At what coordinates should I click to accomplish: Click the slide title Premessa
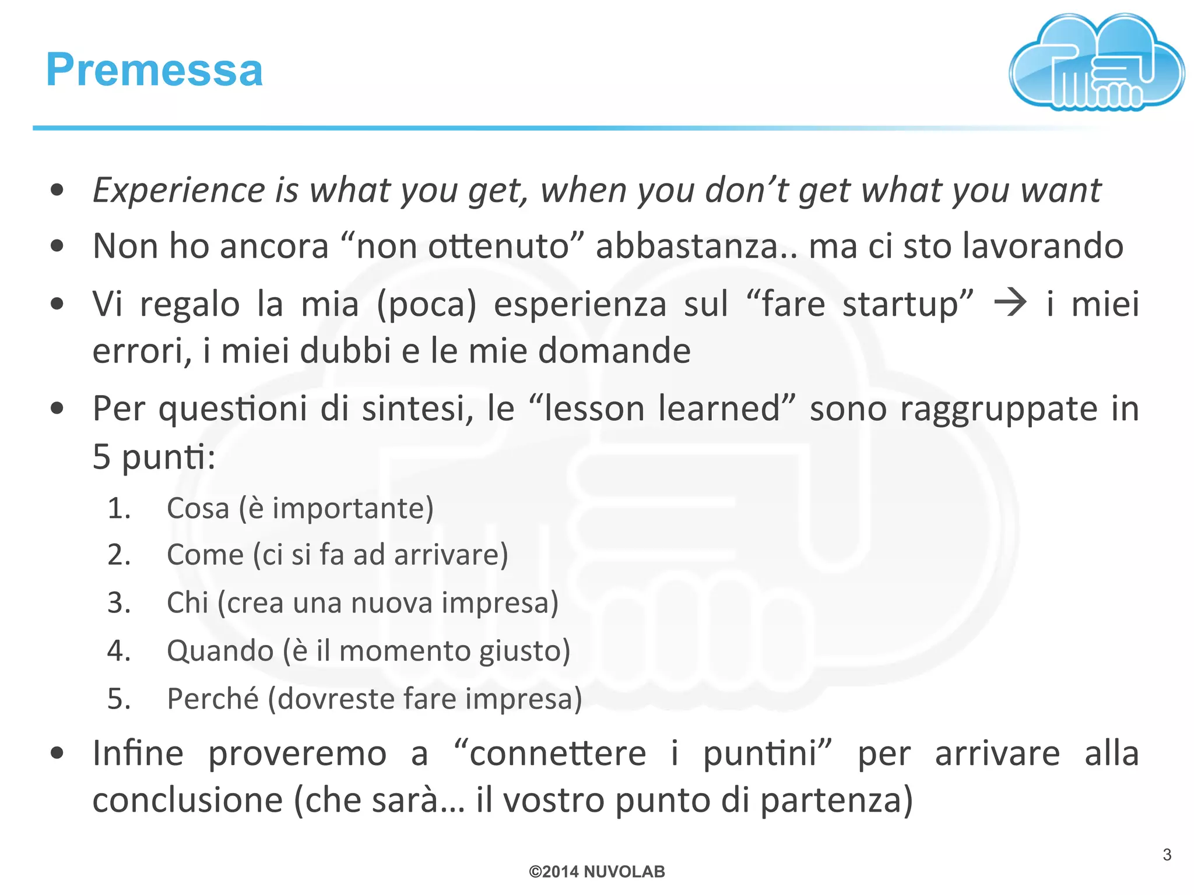coord(154,70)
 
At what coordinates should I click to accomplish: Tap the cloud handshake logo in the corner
coord(1096,63)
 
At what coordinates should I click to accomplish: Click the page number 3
coord(1167,855)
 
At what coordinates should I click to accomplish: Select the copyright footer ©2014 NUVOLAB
coord(596,872)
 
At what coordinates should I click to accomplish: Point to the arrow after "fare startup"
coord(1010,304)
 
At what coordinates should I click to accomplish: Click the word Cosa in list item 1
coord(198,508)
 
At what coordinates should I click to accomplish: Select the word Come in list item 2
coord(205,555)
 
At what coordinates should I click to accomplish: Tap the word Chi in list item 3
coord(187,602)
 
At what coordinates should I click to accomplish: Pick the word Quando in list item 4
coord(220,650)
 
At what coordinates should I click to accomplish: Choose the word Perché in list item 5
coord(213,698)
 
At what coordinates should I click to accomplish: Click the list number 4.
coord(118,650)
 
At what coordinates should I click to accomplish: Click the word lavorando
coord(1042,246)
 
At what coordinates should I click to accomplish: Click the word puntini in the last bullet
coord(768,753)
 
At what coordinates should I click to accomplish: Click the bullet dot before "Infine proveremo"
coord(57,753)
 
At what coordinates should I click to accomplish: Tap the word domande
coord(614,351)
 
